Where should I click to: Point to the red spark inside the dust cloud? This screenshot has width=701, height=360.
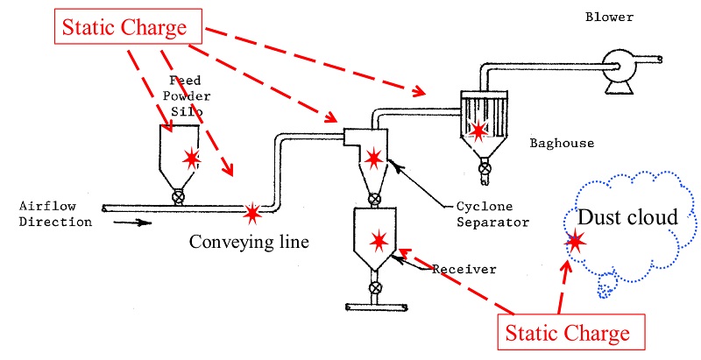(576, 242)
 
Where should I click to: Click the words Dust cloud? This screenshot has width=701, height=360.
(627, 217)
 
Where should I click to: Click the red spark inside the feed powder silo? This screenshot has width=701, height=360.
(191, 159)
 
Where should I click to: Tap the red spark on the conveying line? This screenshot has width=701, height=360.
(252, 211)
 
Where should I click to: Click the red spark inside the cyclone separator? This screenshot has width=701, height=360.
(373, 159)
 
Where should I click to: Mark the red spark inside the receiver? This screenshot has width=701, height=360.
(379, 238)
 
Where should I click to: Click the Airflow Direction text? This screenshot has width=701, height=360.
(54, 214)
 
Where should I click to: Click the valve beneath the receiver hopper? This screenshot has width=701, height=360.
(375, 287)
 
